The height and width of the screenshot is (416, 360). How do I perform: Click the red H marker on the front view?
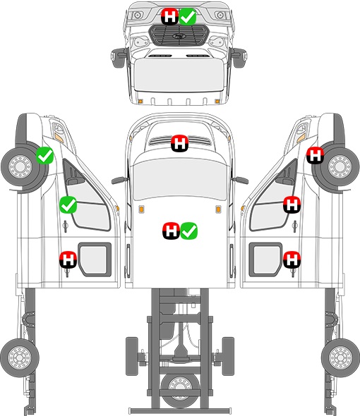[170, 16]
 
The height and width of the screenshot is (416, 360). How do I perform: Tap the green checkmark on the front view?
[188, 16]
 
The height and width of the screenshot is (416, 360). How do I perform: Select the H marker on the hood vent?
[179, 144]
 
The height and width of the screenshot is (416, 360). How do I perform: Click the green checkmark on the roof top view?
[189, 231]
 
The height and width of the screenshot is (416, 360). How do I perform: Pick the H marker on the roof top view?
[171, 231]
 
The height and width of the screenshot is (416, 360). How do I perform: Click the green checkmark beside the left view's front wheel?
[45, 155]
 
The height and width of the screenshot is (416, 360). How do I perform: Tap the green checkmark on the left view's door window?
[68, 204]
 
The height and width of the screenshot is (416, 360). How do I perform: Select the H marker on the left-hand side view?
[68, 259]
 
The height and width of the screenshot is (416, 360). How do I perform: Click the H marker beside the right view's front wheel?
[315, 155]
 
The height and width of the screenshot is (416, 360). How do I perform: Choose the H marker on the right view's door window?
[292, 204]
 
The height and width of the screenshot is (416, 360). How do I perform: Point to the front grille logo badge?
[178, 37]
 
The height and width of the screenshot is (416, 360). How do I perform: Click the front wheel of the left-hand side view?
[20, 167]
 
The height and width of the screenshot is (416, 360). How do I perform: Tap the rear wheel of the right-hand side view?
[340, 357]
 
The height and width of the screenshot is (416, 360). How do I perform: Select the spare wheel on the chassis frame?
[180, 387]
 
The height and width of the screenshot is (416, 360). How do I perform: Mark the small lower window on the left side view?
[95, 259]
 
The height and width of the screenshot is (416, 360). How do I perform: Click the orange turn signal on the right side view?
[301, 138]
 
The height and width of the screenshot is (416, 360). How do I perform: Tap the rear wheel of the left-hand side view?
[20, 357]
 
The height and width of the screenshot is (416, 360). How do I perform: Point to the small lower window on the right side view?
[265, 259]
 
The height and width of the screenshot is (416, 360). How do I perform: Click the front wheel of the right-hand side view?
[340, 167]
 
